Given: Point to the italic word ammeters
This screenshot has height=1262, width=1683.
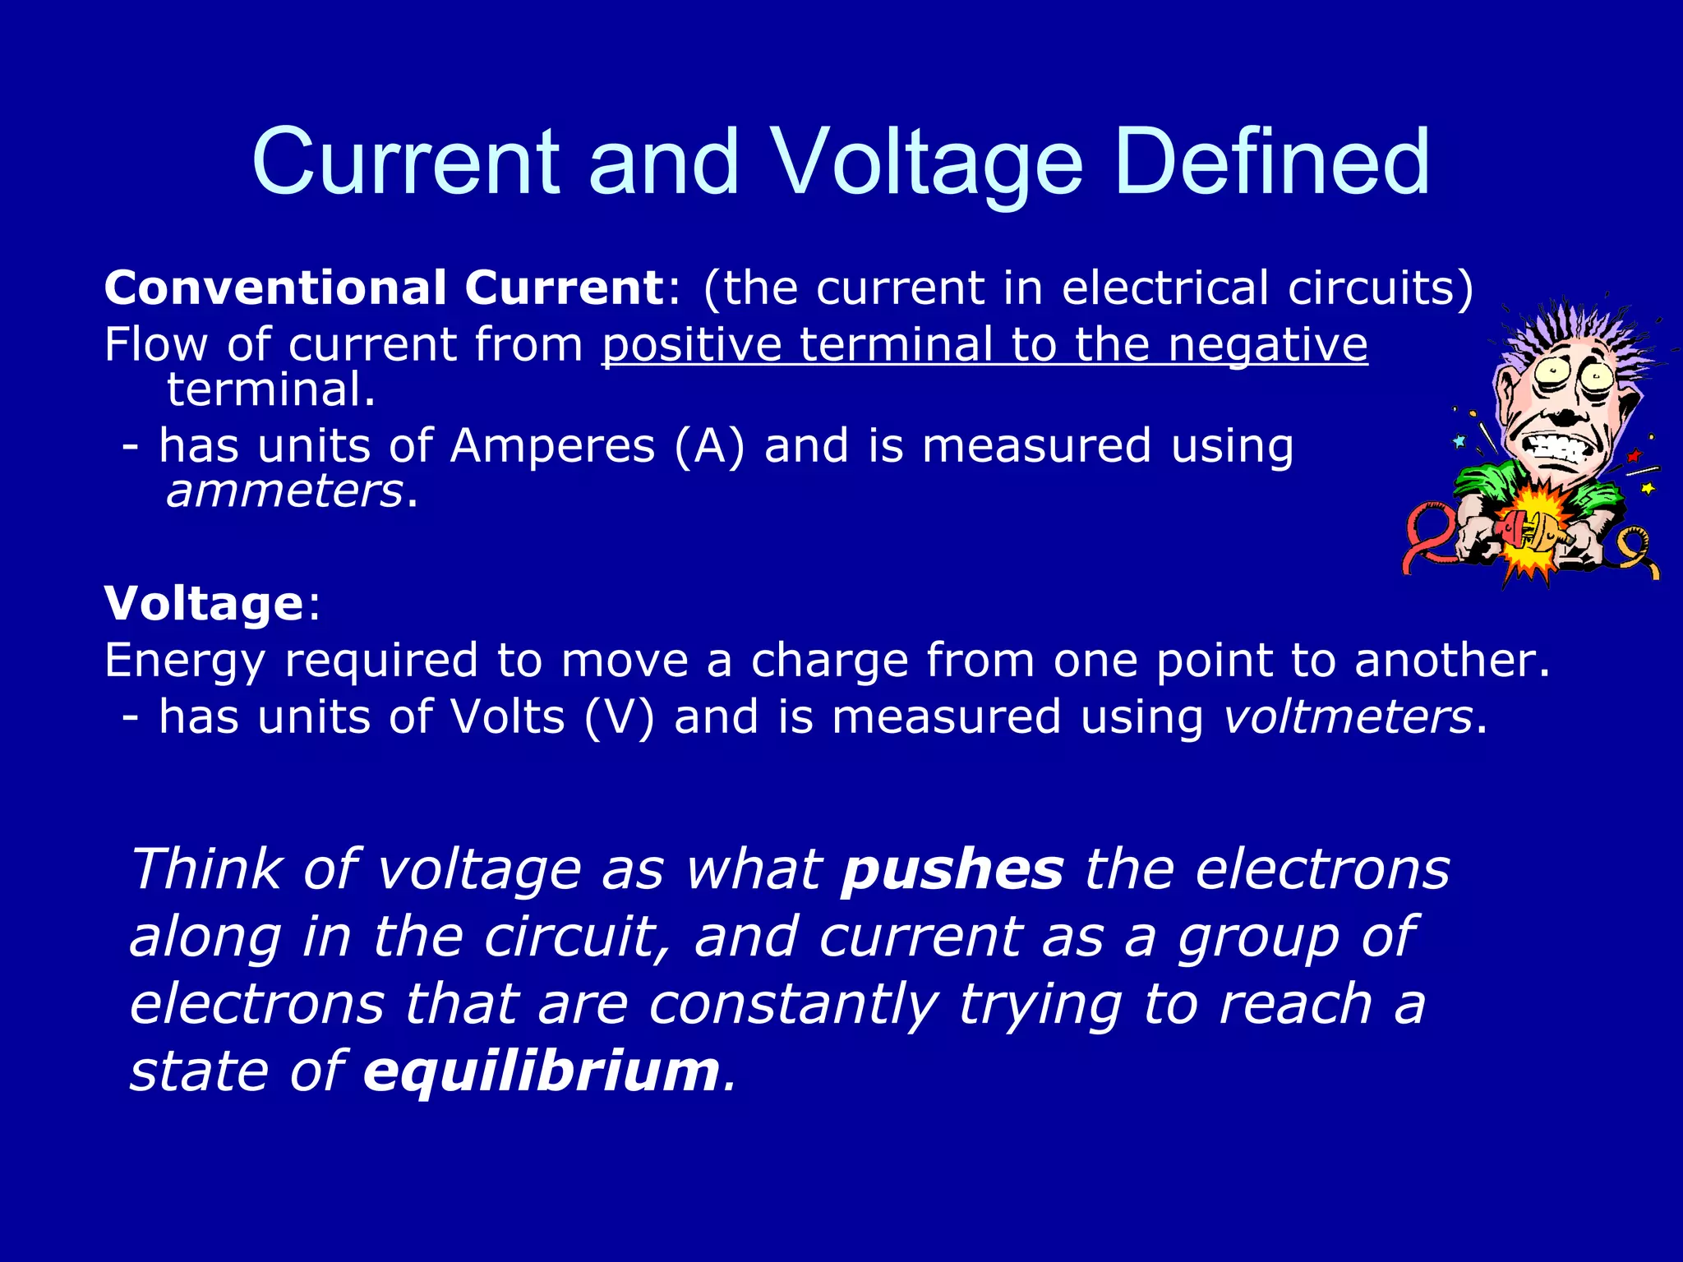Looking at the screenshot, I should pyautogui.click(x=284, y=491).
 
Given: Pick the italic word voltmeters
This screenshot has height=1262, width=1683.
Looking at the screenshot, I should pyautogui.click(x=1348, y=716).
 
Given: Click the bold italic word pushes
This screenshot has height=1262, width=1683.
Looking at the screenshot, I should pyautogui.click(x=952, y=869).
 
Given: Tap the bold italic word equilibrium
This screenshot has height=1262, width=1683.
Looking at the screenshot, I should pyautogui.click(x=542, y=1071).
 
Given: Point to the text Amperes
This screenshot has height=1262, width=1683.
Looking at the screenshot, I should pyautogui.click(x=552, y=447).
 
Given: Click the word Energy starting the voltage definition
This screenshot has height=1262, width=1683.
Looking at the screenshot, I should pyautogui.click(x=185, y=661).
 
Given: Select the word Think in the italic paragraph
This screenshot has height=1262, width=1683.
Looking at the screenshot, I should pyautogui.click(x=206, y=869).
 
